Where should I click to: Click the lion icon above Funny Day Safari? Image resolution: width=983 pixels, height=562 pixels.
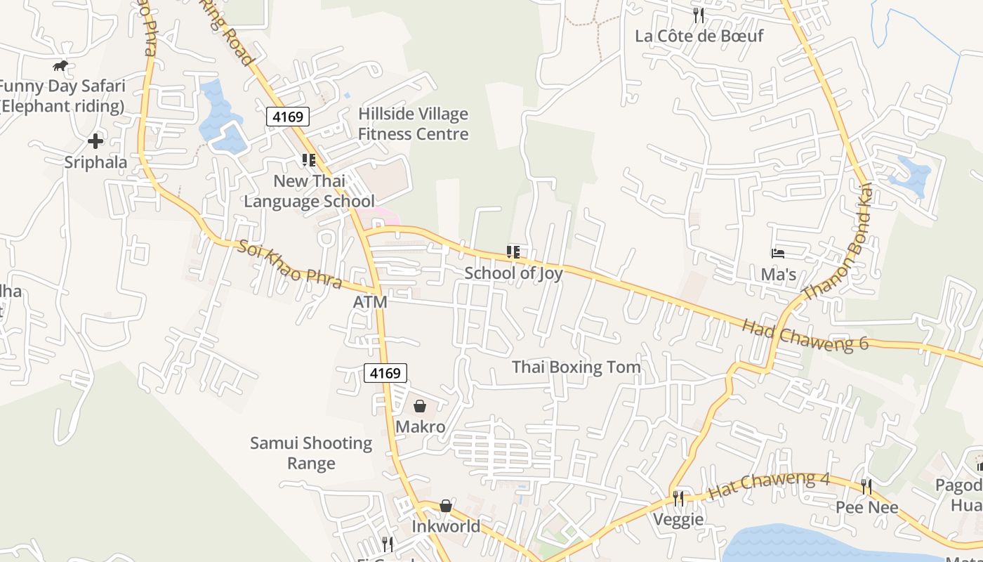coord(60,66)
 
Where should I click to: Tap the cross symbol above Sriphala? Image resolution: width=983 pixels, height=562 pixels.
coord(95,141)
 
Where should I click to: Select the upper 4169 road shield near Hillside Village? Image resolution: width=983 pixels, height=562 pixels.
coord(288,117)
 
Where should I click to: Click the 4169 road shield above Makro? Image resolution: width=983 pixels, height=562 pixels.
coord(385,373)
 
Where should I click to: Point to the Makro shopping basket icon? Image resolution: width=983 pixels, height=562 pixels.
coord(420,406)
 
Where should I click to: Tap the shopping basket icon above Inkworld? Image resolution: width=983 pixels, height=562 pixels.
coord(446,506)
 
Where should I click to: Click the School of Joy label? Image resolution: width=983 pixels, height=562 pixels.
coord(513,273)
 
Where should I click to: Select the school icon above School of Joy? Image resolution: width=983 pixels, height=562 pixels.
coord(513,251)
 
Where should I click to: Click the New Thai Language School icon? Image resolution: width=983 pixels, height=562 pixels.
coord(309,160)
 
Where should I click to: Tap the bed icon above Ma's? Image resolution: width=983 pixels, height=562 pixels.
coord(778,253)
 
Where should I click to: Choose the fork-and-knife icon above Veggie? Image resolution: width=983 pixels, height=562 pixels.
coord(678,498)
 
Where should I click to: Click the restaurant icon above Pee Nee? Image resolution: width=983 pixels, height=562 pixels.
coord(866,486)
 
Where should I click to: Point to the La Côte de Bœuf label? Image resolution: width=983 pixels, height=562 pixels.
coord(699,36)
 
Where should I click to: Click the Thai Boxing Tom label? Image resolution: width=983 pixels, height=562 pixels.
coord(576,367)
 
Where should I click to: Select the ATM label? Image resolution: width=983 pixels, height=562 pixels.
coord(370,301)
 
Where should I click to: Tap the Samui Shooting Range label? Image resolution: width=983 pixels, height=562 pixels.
coord(311,453)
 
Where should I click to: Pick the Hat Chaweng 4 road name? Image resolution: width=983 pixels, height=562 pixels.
coord(769,485)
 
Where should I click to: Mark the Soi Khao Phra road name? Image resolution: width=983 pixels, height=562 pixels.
coord(289,264)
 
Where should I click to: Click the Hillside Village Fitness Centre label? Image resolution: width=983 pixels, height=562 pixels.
coord(413,124)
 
